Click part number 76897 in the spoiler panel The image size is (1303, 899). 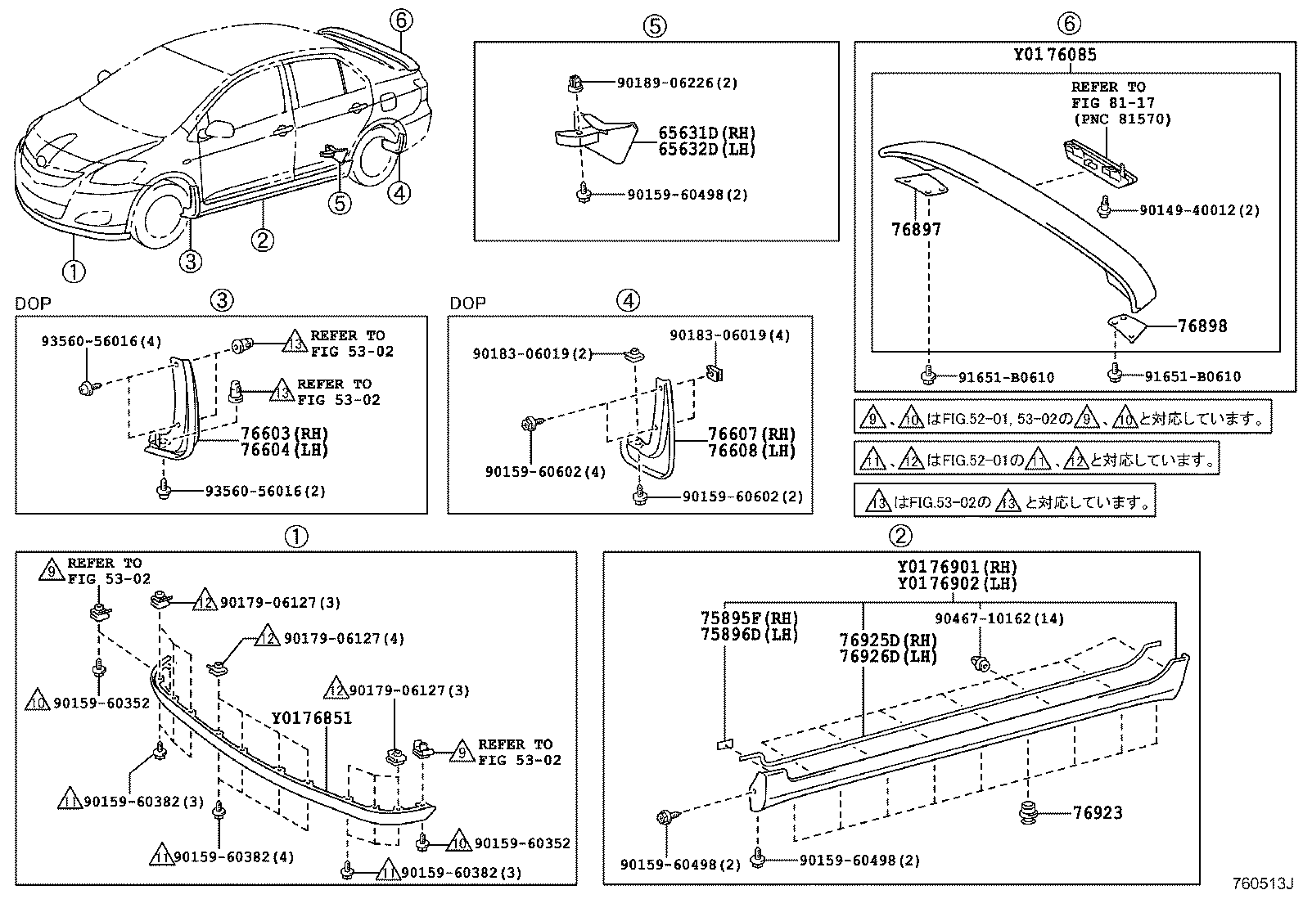(916, 229)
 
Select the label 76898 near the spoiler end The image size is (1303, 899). (1202, 326)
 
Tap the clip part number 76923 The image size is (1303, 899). (1098, 812)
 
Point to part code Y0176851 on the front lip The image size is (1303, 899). (312, 717)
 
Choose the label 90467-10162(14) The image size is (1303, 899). (999, 618)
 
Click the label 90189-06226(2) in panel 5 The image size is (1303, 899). (678, 83)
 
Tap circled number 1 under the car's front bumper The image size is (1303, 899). (74, 270)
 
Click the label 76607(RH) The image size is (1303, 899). (751, 434)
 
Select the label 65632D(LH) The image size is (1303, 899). (706, 150)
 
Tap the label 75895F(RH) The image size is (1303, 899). (748, 618)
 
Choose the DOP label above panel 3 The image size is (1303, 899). (33, 303)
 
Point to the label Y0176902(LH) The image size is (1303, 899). (956, 583)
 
